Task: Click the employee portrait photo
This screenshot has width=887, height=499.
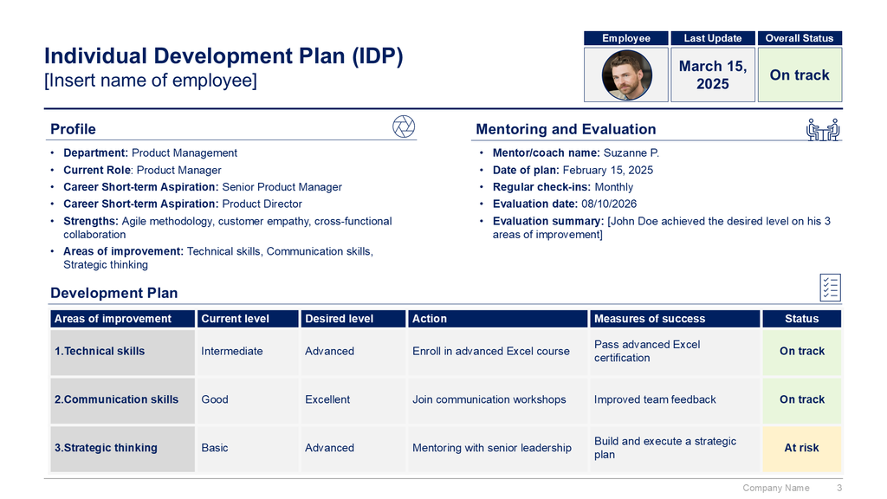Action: click(x=626, y=75)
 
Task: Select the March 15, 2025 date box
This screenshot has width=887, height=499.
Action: click(x=712, y=75)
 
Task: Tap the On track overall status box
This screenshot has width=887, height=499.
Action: click(x=800, y=75)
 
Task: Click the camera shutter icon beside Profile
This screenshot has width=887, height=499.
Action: click(x=404, y=126)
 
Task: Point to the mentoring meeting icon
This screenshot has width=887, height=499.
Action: click(x=824, y=128)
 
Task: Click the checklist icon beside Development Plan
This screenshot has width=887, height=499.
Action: click(x=830, y=288)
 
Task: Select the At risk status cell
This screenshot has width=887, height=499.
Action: click(x=801, y=448)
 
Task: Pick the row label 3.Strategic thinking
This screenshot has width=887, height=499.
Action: click(x=106, y=448)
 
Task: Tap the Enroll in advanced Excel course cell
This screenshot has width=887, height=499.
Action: click(x=491, y=351)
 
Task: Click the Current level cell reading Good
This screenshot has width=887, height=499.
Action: click(x=215, y=399)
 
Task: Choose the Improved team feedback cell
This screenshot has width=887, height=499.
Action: click(x=655, y=399)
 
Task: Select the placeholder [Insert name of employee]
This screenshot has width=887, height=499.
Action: click(x=151, y=81)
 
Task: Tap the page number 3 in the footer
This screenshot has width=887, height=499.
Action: click(x=839, y=488)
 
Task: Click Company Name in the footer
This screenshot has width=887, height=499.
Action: click(x=775, y=488)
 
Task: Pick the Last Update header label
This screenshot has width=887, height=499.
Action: click(x=712, y=38)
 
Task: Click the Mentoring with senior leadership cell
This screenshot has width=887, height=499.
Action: click(x=492, y=448)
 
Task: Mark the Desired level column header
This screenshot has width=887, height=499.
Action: click(x=340, y=319)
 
